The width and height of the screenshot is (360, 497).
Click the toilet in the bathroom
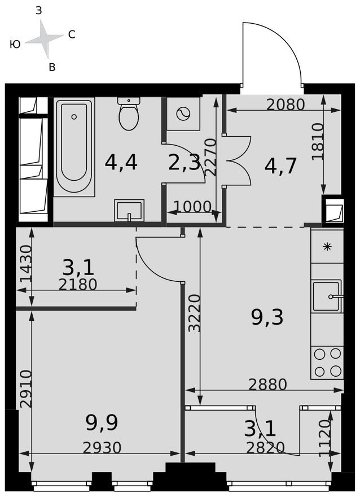pos(129,114)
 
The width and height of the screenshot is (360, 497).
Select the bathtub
pos(74,146)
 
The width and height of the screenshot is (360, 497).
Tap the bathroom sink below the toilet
pos(129,211)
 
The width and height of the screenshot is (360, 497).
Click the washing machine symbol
pos(184,114)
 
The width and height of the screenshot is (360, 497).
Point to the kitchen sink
pos(326,295)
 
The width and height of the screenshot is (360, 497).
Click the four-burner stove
pos(327,362)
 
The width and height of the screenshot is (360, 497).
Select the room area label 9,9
pos(102,421)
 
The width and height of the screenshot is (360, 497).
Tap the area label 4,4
pos(121,162)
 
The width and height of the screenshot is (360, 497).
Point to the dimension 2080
pos(286,104)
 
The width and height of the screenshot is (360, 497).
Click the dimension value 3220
pos(194,312)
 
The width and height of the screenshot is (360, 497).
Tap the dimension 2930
pos(102,447)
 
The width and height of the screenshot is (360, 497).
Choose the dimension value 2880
pos(268,384)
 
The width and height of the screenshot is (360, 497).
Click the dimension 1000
pos(192,207)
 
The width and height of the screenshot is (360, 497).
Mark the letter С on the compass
pos(72,34)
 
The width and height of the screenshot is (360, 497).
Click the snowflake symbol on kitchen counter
pos(327,247)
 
